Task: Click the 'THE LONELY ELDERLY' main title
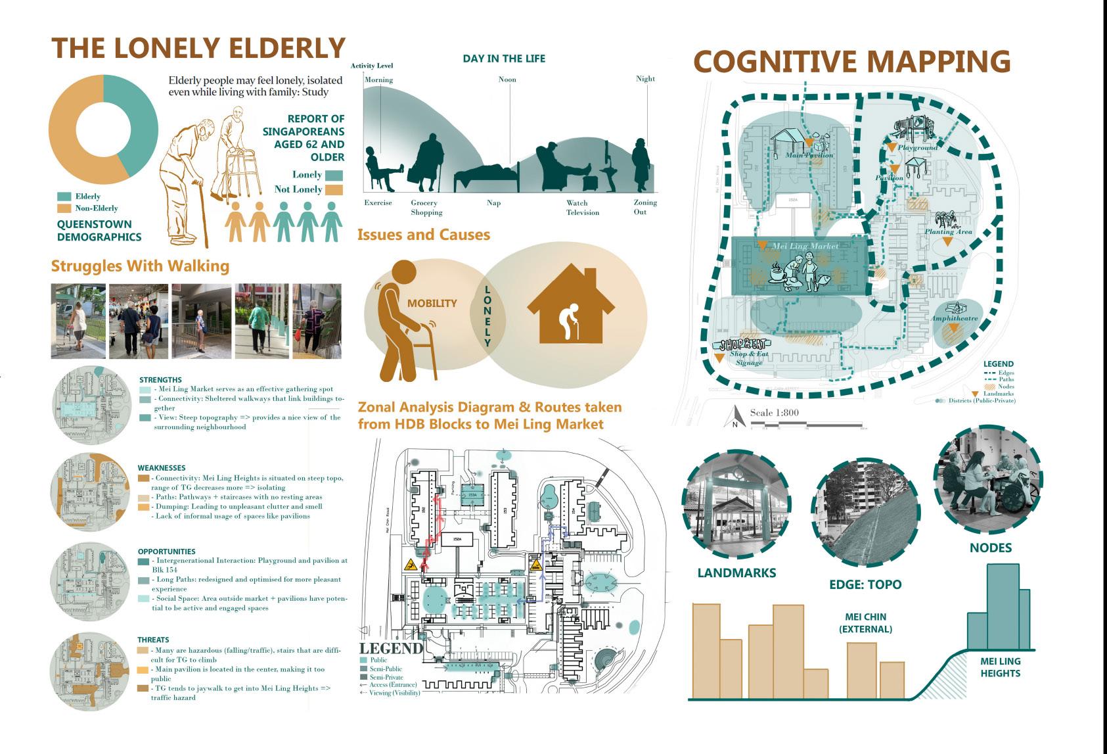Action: pyautogui.click(x=198, y=49)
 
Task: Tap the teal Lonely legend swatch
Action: pyautogui.click(x=334, y=176)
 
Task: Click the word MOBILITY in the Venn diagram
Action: pyautogui.click(x=432, y=303)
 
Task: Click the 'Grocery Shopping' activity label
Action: pyautogui.click(x=426, y=208)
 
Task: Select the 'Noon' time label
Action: pyautogui.click(x=507, y=80)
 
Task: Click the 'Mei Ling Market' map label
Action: pyautogui.click(x=805, y=247)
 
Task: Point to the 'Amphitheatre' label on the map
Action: pyautogui.click(x=954, y=319)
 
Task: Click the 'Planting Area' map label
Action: pyautogui.click(x=948, y=232)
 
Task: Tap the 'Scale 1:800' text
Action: pyautogui.click(x=774, y=413)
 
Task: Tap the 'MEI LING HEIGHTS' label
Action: pyautogui.click(x=1000, y=667)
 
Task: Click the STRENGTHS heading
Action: pyautogui.click(x=160, y=380)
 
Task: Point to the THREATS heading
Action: pyautogui.click(x=153, y=640)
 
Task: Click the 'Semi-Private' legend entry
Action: pyautogui.click(x=386, y=677)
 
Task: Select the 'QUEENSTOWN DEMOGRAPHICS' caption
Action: pyautogui.click(x=99, y=231)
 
